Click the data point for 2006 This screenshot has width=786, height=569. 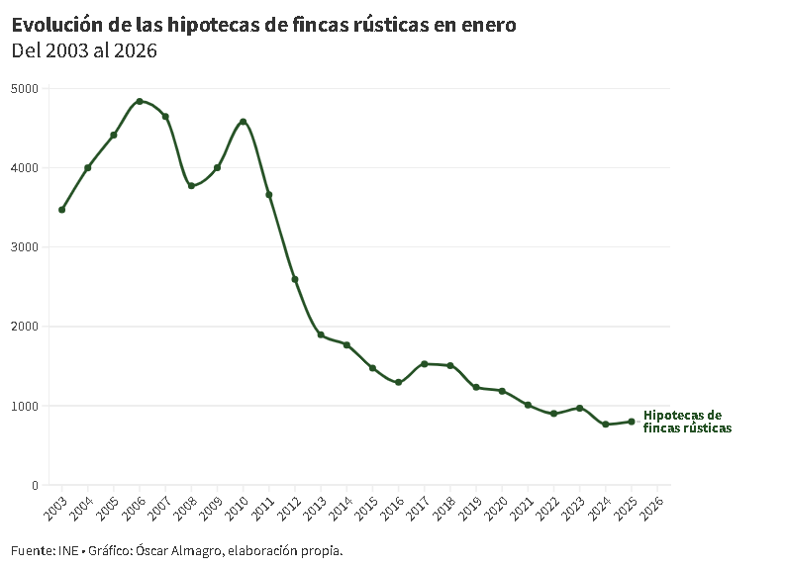(x=140, y=101)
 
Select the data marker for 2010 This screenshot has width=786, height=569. (x=244, y=122)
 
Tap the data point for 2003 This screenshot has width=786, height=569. (x=61, y=210)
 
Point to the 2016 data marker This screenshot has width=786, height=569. (x=398, y=383)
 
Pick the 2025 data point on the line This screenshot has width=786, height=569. (x=632, y=422)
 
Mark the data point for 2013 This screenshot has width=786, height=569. (x=321, y=335)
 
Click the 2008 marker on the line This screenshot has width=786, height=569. (x=191, y=186)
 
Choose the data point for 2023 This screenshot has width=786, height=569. (x=580, y=408)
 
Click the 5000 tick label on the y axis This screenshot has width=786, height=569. (x=25, y=89)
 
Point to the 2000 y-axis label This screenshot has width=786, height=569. (x=25, y=327)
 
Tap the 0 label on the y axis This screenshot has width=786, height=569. (x=34, y=485)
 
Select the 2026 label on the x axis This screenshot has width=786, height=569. (x=652, y=508)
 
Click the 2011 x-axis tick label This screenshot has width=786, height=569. (x=263, y=508)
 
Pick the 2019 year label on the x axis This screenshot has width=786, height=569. (x=471, y=508)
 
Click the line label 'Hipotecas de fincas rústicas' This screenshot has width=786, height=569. (x=687, y=423)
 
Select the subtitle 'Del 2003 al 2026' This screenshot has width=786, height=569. (x=84, y=51)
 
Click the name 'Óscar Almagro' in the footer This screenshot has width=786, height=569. (x=178, y=550)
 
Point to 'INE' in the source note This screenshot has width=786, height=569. (x=67, y=550)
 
